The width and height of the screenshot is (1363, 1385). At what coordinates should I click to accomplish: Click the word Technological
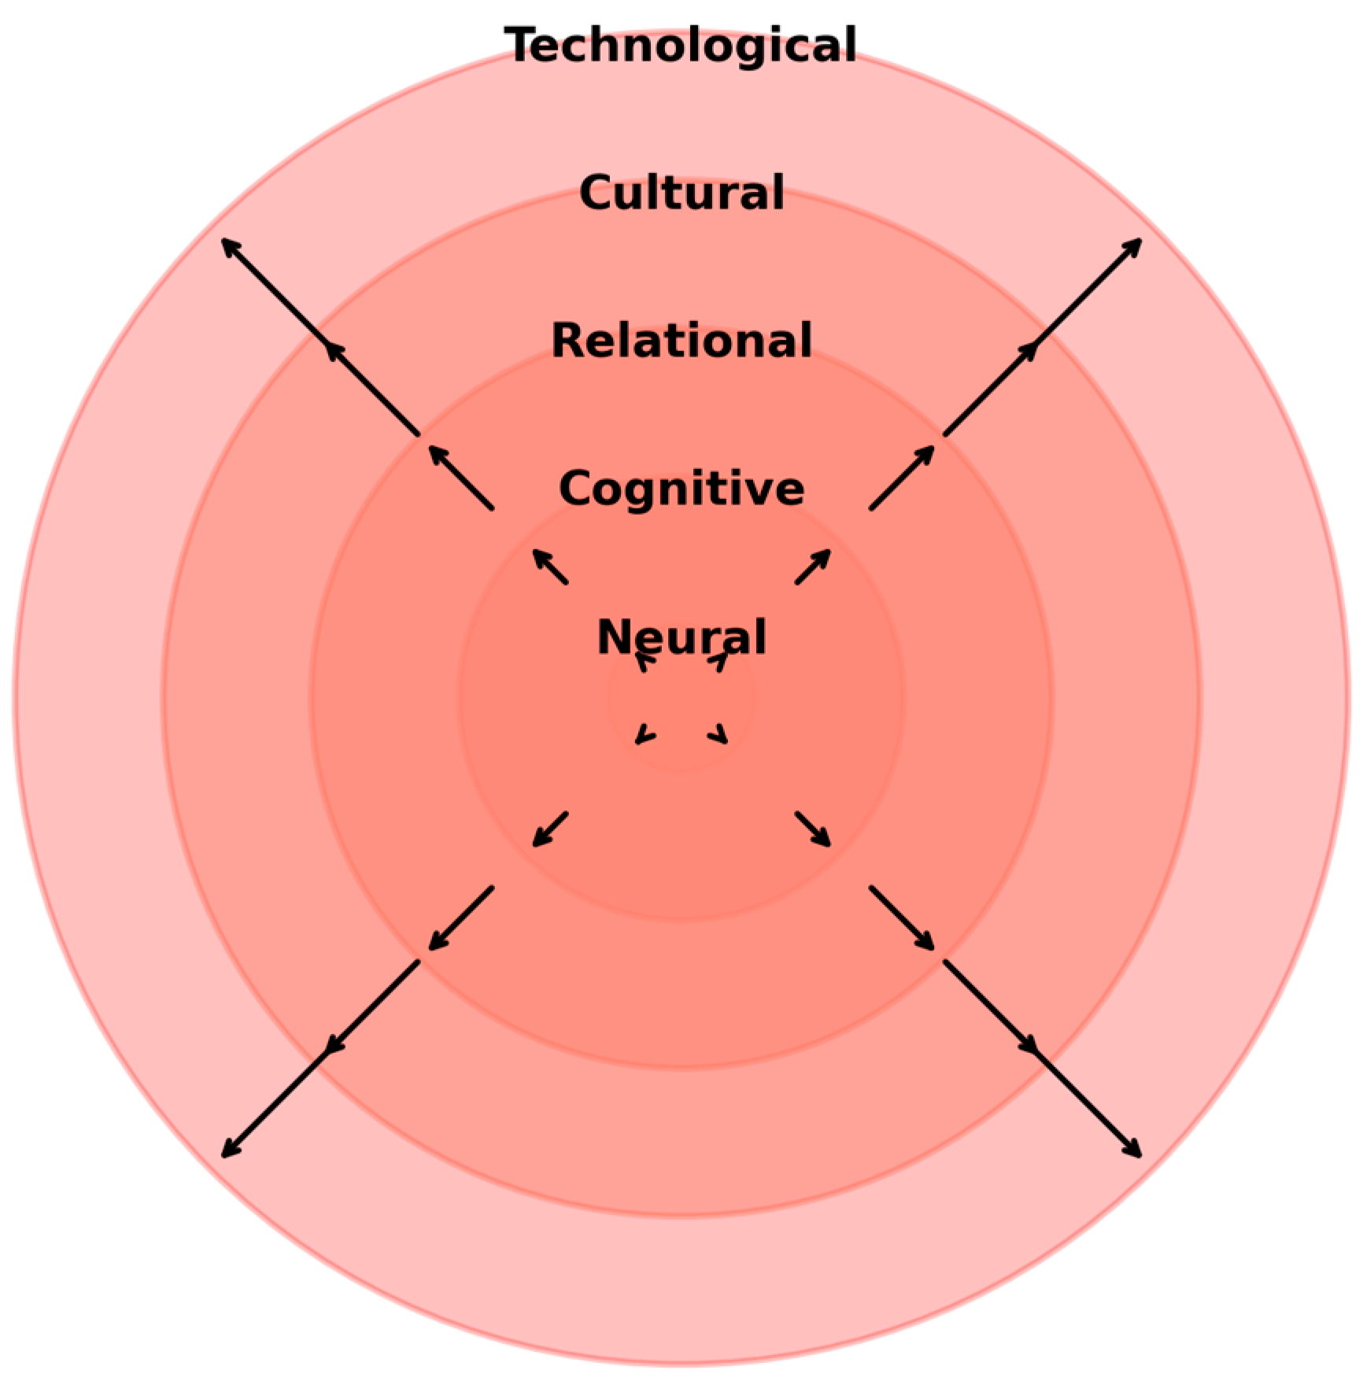pos(681,45)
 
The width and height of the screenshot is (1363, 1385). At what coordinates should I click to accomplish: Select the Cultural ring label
pos(681,193)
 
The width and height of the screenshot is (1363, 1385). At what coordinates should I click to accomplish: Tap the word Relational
pos(681,341)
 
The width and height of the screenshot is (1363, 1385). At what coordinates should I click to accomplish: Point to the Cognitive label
pos(681,489)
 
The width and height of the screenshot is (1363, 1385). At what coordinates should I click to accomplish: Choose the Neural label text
pos(681,637)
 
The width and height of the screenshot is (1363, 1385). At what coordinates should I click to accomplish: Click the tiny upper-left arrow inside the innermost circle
pos(644,662)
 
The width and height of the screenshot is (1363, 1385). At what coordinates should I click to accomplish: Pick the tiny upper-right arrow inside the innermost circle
pos(719,662)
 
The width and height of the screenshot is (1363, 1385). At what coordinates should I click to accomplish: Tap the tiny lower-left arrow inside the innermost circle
pos(644,737)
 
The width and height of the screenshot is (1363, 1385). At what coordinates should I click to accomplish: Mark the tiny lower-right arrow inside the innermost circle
pos(719,737)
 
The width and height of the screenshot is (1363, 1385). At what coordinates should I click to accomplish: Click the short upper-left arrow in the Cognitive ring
pos(550,567)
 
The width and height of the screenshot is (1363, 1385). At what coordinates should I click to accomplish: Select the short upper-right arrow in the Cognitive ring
pos(813,567)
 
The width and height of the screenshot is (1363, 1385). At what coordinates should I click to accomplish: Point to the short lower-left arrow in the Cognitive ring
pos(550,829)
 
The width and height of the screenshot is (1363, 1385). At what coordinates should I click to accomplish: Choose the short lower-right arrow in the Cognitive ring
pos(813,829)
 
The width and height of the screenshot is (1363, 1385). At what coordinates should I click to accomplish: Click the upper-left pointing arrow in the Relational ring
pos(461,478)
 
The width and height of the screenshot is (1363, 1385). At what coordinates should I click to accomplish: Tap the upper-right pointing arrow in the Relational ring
pos(902,478)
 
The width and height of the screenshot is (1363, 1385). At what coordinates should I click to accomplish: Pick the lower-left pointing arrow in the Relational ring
pos(461,918)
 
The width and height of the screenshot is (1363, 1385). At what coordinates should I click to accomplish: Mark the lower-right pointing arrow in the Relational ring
pos(902,918)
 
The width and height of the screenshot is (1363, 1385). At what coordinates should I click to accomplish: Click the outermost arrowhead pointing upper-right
pos(1134,246)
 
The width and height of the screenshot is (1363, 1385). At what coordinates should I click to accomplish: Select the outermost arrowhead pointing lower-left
pos(229,1150)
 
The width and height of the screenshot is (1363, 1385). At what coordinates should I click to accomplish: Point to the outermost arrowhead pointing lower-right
pos(1134,1150)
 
